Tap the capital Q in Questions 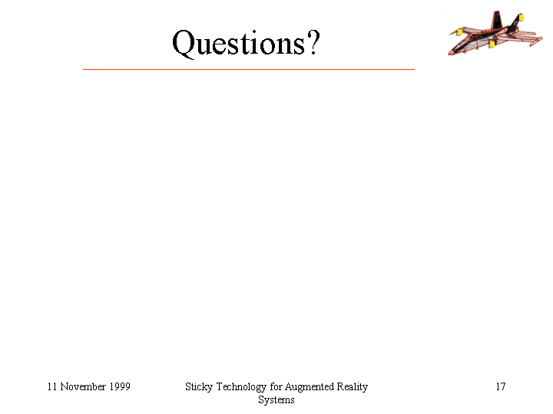pos(184,44)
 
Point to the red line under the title pos(249,69)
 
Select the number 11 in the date pos(52,386)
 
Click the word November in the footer pos(83,386)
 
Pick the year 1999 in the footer pos(120,386)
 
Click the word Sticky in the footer pos(199,387)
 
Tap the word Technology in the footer pos(241,387)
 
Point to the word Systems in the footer pos(276,400)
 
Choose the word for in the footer pos(276,386)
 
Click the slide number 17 pos(501,386)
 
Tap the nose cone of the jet pos(451,52)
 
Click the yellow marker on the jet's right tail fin pos(522,17)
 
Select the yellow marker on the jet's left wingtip pos(459,32)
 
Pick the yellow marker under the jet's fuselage pos(492,44)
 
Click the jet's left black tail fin pos(497,20)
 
